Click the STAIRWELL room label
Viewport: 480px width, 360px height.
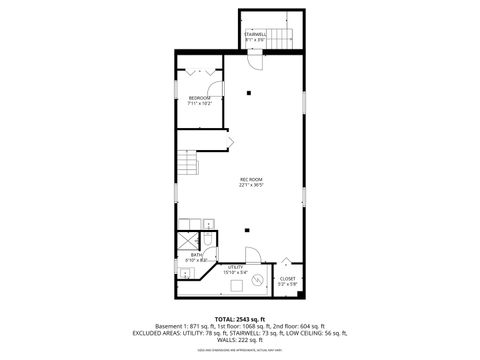255,33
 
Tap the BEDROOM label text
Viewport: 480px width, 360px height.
199,97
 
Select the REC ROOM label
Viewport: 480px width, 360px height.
250,179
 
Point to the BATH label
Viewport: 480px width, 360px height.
196,255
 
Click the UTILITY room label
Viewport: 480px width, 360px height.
236,267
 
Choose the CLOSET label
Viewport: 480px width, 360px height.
287,279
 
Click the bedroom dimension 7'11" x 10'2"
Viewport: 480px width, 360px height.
199,103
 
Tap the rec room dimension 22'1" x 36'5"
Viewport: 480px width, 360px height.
250,185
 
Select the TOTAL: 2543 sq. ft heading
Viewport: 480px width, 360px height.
239,318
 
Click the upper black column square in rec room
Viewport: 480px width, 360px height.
246,94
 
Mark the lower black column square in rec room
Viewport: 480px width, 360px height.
246,231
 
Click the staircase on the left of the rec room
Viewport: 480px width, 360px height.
187,162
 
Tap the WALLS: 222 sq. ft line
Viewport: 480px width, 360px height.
239,341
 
